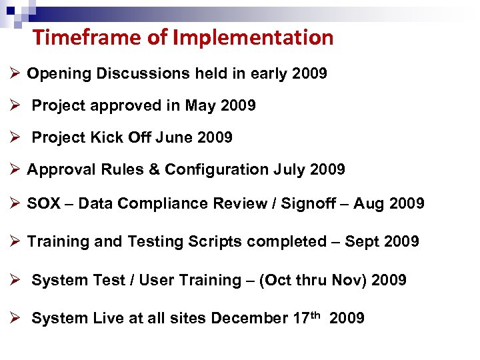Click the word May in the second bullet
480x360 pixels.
tap(201, 105)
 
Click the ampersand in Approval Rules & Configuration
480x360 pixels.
tap(153, 169)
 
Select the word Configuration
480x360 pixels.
tap(217, 169)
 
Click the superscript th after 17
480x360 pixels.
tap(317, 314)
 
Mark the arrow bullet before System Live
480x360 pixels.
tap(16, 318)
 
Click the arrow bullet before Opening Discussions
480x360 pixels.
tap(16, 73)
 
